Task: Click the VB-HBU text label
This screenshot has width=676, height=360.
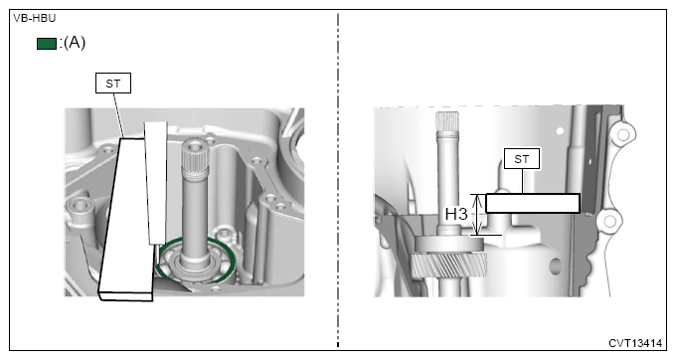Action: coord(35,19)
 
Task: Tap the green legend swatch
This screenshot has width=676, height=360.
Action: coord(47,44)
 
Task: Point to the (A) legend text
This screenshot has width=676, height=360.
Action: coord(75,42)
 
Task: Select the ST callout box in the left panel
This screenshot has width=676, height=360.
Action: coord(113,84)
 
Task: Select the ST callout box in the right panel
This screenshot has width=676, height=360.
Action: coord(522,159)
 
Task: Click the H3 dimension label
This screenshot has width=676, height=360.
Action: coord(456,214)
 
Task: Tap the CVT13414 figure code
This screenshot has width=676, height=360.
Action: coord(635,343)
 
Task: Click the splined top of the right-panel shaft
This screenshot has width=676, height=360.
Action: coord(447,122)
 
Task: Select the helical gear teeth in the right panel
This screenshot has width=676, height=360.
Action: coord(448,266)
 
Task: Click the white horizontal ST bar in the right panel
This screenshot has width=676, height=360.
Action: coord(533,203)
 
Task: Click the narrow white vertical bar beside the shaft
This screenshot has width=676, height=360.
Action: coord(156,183)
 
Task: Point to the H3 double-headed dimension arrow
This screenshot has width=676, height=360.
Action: coord(477,214)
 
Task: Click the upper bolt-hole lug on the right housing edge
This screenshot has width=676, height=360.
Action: coord(622,135)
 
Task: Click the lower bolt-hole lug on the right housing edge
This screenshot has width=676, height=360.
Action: coord(609,222)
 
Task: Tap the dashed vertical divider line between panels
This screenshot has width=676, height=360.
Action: coord(338,180)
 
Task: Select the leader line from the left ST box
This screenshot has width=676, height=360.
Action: coord(118,115)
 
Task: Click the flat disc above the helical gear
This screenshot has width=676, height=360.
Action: coord(448,244)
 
